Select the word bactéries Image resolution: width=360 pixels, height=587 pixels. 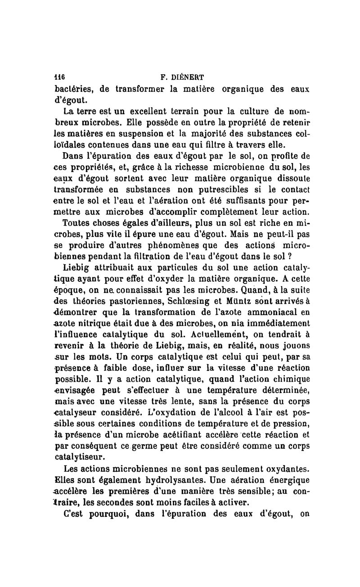tap(73, 88)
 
